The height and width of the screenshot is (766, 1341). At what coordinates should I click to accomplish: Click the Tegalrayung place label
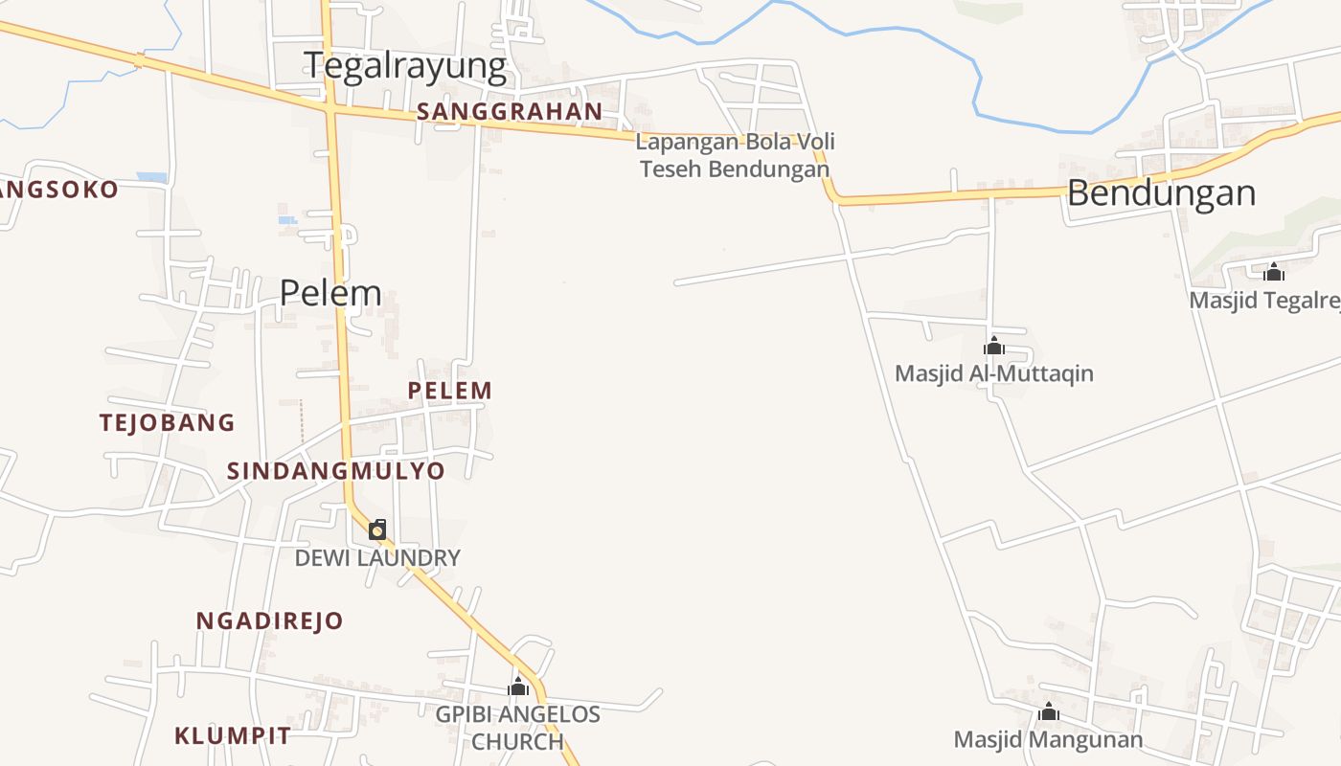click(405, 66)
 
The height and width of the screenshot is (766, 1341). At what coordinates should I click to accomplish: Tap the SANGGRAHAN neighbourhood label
click(510, 112)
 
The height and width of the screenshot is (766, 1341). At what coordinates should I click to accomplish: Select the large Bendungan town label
click(1161, 193)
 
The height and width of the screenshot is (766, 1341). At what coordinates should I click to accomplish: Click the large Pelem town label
click(330, 292)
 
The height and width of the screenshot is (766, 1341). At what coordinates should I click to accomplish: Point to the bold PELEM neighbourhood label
click(450, 391)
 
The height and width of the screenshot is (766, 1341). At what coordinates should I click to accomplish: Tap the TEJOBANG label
click(168, 422)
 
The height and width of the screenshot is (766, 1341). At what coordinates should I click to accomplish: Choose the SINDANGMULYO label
click(336, 471)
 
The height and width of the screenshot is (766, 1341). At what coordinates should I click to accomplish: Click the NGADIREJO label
click(269, 620)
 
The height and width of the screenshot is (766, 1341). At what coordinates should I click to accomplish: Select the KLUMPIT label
click(233, 736)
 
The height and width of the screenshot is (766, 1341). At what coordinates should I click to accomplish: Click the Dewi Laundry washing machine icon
click(378, 529)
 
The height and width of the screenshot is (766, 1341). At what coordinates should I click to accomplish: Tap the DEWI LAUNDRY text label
click(377, 558)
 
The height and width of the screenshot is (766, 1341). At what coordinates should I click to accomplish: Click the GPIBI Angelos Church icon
click(518, 687)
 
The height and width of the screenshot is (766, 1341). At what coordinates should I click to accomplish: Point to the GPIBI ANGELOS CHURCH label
click(518, 728)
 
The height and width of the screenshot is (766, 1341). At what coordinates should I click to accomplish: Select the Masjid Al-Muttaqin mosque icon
click(994, 346)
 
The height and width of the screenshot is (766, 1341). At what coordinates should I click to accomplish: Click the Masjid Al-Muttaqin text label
click(994, 373)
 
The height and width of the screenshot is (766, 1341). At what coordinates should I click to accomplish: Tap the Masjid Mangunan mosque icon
click(1049, 711)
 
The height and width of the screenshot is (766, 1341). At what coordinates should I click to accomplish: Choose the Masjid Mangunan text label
click(1049, 740)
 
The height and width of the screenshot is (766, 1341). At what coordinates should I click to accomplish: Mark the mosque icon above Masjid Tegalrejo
click(1274, 272)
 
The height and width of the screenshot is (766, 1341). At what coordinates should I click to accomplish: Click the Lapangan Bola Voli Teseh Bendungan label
click(736, 155)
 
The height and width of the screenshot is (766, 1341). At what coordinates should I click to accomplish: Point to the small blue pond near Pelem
click(287, 220)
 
